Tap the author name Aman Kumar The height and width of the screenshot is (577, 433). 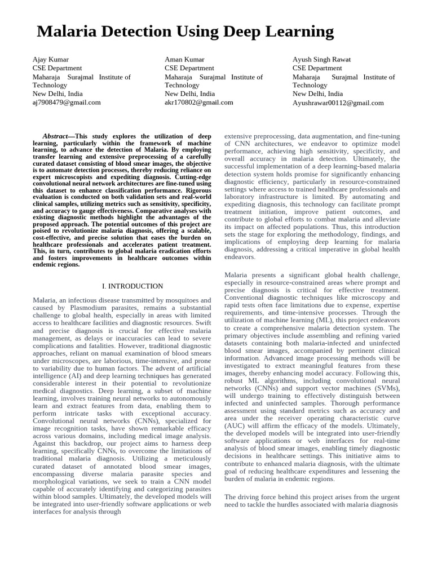point(184,59)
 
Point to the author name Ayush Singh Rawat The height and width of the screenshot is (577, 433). point(321,59)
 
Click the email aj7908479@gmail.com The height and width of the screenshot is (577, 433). point(67,102)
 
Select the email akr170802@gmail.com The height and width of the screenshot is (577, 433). point(199,102)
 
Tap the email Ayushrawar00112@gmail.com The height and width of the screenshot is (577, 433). point(338,103)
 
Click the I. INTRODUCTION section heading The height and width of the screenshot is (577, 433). point(132,286)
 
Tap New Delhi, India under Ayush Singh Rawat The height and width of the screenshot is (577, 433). point(317,94)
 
